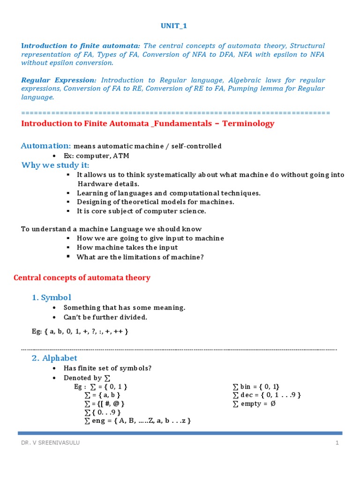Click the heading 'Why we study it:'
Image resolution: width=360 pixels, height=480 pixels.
point(55,165)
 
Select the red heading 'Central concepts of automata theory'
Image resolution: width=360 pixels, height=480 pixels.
point(82,278)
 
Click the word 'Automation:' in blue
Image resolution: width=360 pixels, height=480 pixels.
point(46,146)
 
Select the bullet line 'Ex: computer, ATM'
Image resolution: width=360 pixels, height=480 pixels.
point(96,156)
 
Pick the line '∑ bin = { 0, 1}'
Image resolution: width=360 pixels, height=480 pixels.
point(256,387)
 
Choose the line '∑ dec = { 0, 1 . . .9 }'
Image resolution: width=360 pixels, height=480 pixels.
point(266,395)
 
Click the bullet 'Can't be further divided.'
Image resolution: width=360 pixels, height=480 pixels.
point(105,317)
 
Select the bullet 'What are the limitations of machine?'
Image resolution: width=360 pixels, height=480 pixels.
point(140,257)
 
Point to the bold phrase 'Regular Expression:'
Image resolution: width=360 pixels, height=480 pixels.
point(59,80)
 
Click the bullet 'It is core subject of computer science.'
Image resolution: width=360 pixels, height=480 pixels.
point(142,211)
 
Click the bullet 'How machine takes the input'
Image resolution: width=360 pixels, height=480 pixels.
point(127,247)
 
